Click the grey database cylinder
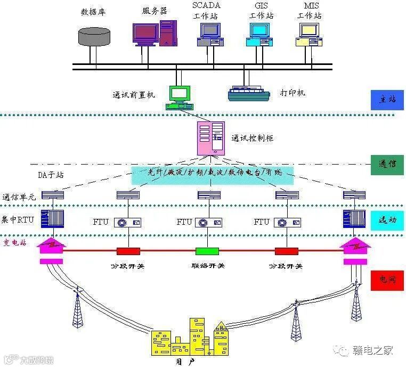[x=94, y=36]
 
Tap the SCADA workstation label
[x=205, y=11]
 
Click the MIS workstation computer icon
[x=309, y=35]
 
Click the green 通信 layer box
[x=387, y=165]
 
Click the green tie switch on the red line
[x=207, y=251]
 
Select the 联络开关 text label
[x=207, y=265]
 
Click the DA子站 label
[x=52, y=175]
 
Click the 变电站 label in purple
[x=15, y=243]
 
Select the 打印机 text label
[x=293, y=93]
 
